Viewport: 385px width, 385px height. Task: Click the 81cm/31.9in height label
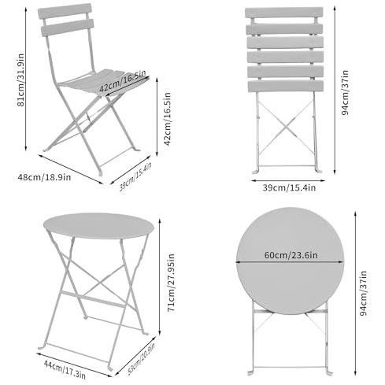[20, 80]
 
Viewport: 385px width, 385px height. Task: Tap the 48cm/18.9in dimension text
[44, 177]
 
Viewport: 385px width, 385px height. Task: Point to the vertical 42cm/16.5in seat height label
[167, 119]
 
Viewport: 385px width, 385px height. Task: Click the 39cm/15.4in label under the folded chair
[289, 187]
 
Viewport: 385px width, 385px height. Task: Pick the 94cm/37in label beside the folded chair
[345, 93]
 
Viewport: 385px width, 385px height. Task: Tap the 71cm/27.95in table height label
[171, 283]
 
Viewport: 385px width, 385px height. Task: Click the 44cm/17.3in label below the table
[65, 370]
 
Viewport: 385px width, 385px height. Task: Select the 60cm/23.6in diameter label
[291, 255]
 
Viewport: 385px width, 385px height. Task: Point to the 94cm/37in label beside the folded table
[363, 294]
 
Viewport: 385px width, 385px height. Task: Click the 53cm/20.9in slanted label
[141, 358]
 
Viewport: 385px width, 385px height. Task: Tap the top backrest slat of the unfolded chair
[65, 11]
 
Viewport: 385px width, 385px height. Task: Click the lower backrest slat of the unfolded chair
[68, 28]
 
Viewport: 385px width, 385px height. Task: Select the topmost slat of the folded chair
[284, 13]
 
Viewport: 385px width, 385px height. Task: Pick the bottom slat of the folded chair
[286, 86]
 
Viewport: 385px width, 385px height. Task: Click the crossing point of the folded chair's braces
[286, 127]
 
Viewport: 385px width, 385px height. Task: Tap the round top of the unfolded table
[98, 226]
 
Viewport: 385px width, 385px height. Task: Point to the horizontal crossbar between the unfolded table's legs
[94, 299]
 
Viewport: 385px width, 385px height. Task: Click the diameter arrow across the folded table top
[290, 262]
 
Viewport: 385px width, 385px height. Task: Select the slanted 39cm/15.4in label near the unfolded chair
[135, 177]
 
